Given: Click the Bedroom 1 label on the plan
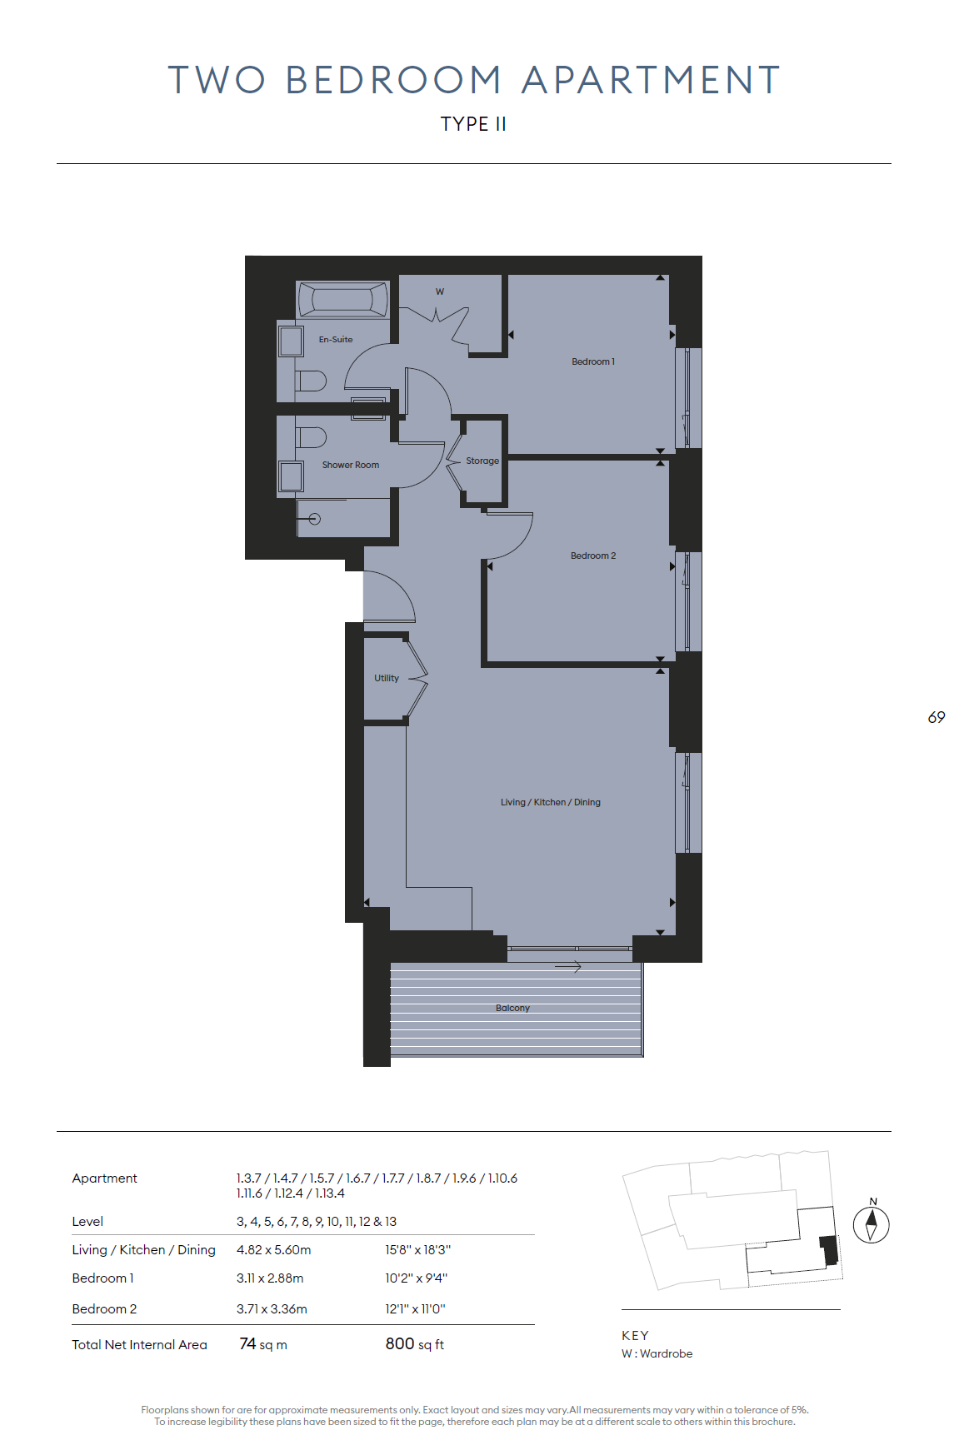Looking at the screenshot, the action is click(x=593, y=361).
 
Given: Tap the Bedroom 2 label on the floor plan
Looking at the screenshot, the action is click(x=593, y=556).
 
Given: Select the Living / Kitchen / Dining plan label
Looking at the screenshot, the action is click(x=551, y=802).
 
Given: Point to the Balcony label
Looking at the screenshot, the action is click(x=512, y=1008).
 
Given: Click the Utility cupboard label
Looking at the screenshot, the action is click(x=387, y=678).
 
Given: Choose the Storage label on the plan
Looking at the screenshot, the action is click(x=482, y=461).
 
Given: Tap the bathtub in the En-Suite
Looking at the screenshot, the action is click(x=343, y=299).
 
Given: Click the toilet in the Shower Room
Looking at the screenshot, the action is click(x=311, y=437).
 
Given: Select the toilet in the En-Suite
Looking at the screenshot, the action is click(x=311, y=381).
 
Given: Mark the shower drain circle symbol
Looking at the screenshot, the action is click(x=314, y=519).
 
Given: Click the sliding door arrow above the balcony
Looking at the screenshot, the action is click(x=568, y=967).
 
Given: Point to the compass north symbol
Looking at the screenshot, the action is click(x=872, y=1224).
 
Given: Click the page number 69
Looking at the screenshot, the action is click(x=937, y=717).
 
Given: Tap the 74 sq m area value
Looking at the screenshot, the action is click(x=263, y=1344).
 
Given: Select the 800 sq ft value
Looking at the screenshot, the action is click(x=415, y=1344).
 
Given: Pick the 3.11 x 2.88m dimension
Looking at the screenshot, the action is click(x=270, y=1278).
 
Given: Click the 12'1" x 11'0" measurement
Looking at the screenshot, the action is click(x=415, y=1309).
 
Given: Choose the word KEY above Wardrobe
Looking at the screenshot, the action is click(x=635, y=1335).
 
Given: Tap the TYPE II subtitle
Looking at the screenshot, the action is click(x=473, y=124).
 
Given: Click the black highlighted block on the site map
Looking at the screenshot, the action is click(x=829, y=1250).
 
